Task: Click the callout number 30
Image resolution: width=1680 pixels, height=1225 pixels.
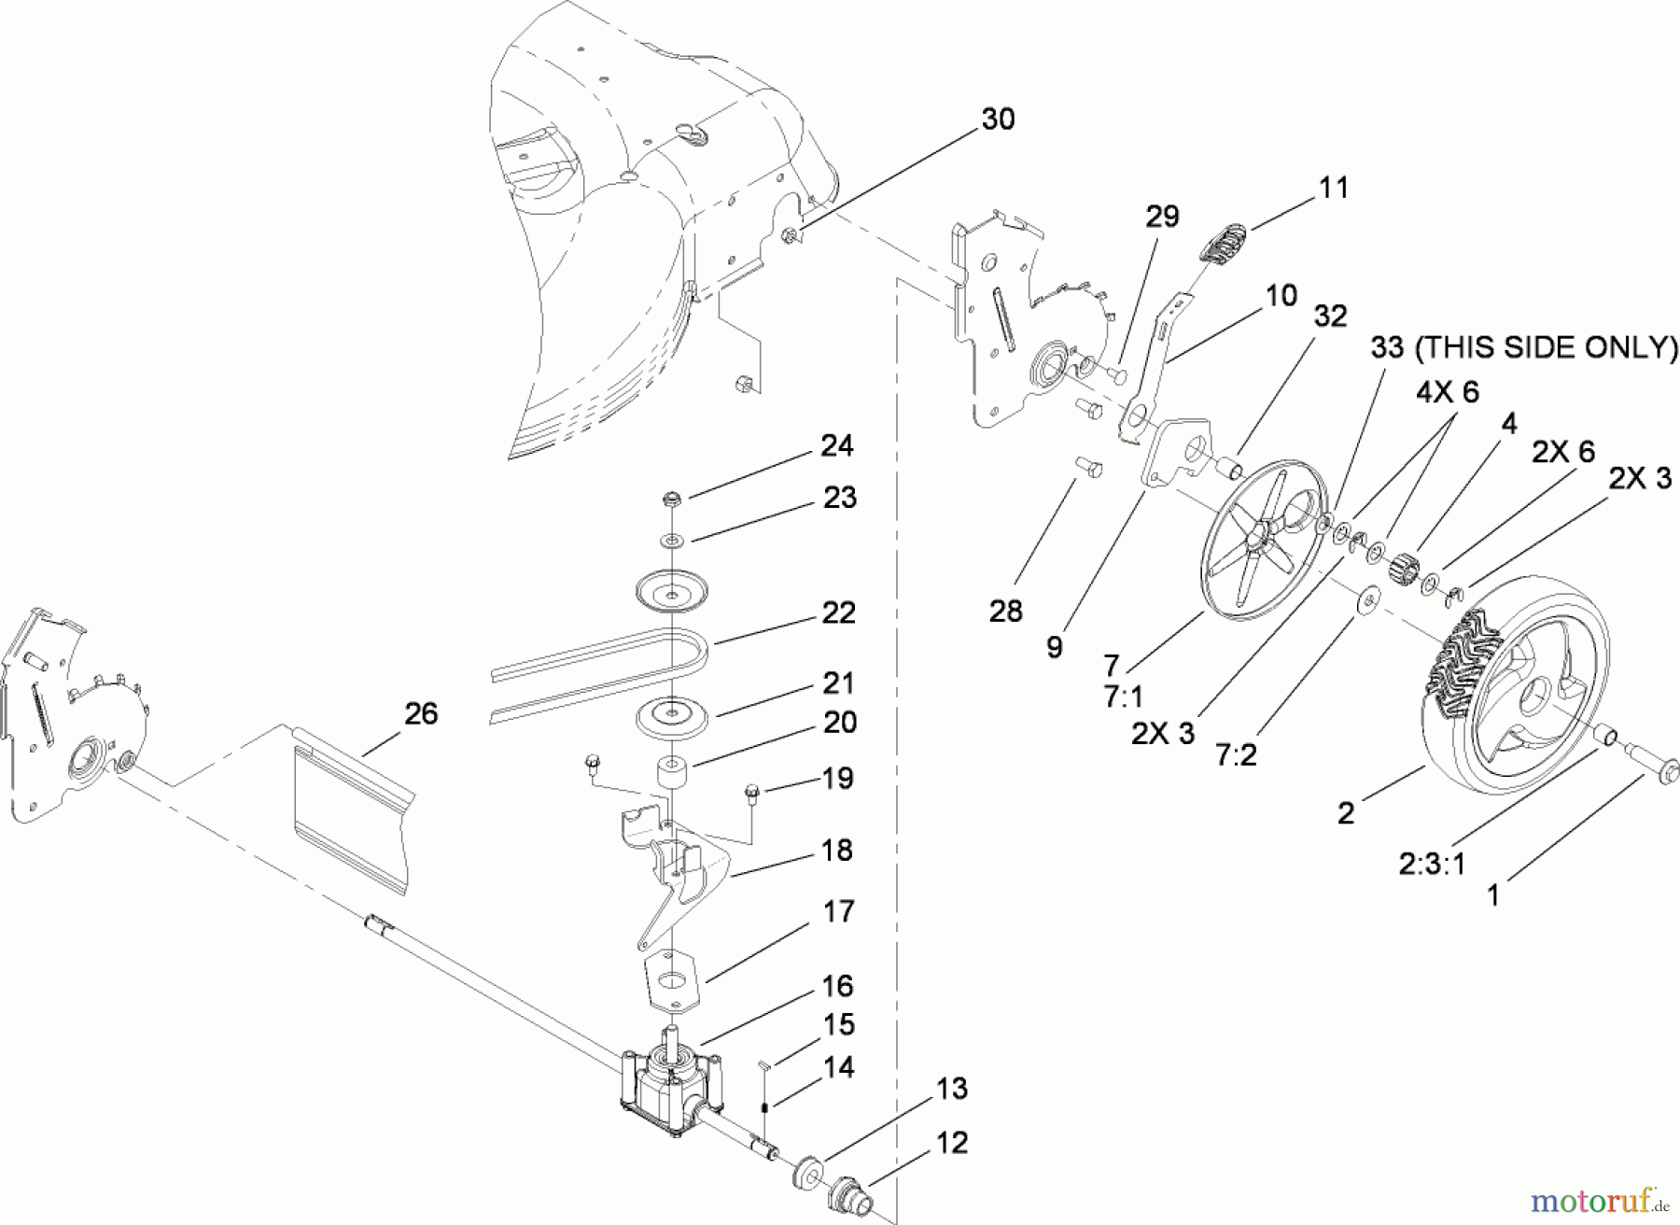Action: [998, 120]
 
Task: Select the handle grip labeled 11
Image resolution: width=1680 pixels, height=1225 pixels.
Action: [1221, 245]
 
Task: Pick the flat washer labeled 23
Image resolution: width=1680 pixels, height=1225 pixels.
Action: [670, 540]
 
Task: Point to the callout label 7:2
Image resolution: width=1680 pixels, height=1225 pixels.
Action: [1236, 753]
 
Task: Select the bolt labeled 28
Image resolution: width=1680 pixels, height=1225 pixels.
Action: [1085, 465]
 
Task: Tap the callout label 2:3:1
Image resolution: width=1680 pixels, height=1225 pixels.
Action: [1432, 865]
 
